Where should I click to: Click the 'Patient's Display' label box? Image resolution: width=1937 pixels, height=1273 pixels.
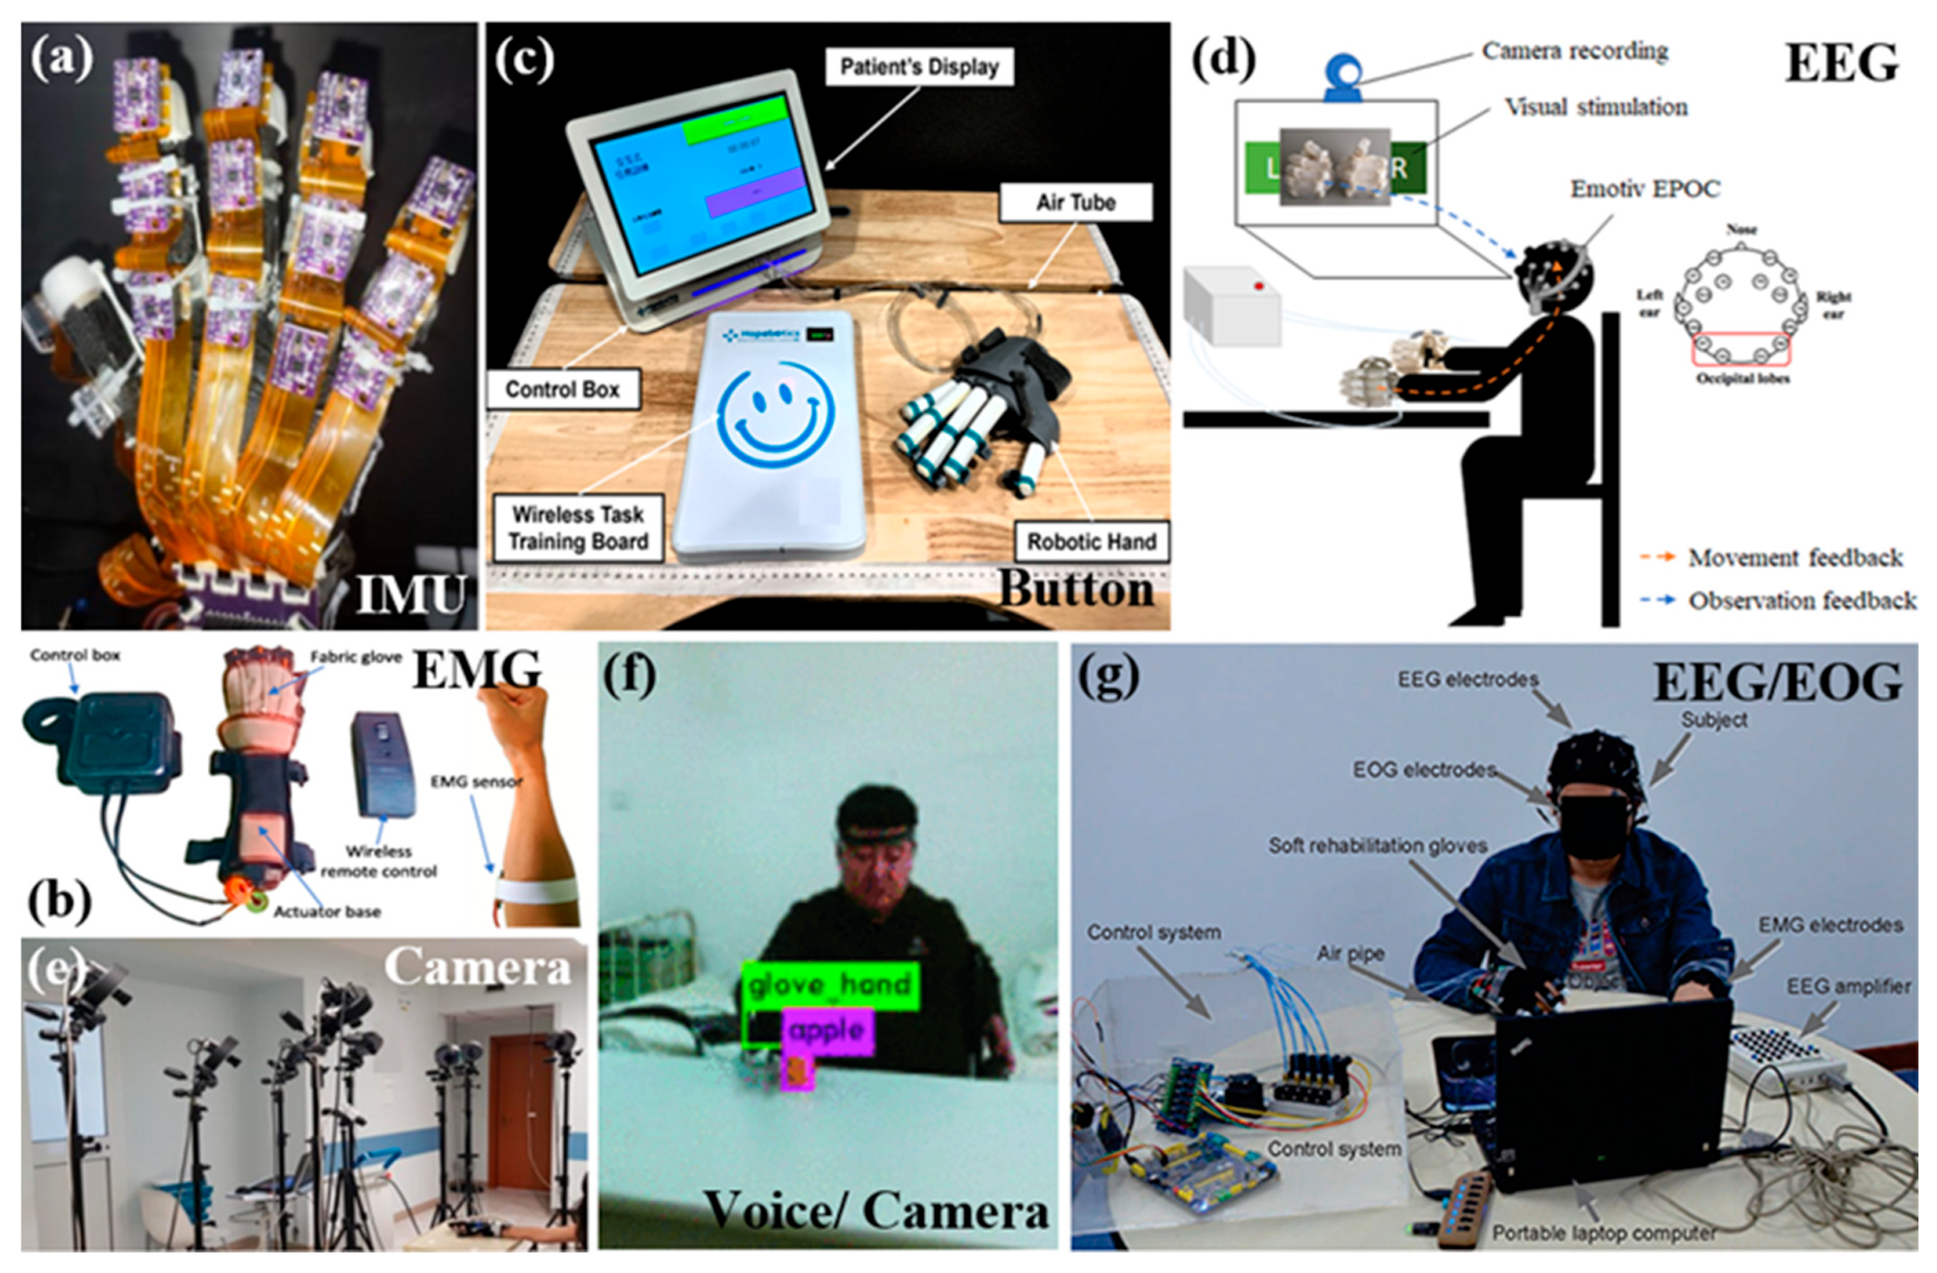pos(919,67)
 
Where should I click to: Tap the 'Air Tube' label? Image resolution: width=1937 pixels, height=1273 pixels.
pos(1075,202)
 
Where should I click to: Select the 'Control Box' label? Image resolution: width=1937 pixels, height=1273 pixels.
pos(562,389)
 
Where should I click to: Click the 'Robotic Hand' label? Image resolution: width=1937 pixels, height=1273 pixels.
pos(1092,541)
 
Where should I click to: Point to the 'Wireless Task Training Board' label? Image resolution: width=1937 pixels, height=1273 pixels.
pos(578,527)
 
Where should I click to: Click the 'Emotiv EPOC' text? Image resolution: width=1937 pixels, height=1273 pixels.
pos(1645,189)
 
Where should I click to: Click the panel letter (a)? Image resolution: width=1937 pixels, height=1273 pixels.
pos(62,59)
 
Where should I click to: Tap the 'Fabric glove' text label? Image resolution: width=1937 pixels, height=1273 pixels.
pos(356,657)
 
